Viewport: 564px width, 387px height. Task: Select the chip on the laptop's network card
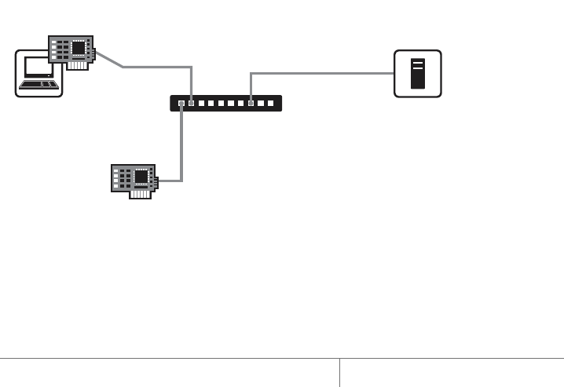(x=79, y=48)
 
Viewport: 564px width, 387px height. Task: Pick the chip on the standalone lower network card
(x=141, y=177)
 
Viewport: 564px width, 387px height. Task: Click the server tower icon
(x=418, y=73)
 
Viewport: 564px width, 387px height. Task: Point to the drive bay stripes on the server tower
(x=418, y=63)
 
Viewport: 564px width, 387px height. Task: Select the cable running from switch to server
(x=322, y=73)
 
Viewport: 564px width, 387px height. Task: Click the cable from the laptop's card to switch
(x=157, y=68)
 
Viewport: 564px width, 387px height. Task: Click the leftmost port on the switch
(x=181, y=103)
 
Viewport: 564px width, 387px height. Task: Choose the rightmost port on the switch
(x=271, y=103)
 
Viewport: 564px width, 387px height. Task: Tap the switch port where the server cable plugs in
(x=251, y=103)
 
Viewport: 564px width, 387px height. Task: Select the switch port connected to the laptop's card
(x=192, y=103)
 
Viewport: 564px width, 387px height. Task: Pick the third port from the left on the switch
(x=202, y=103)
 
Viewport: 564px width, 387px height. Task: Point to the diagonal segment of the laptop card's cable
(x=109, y=60)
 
